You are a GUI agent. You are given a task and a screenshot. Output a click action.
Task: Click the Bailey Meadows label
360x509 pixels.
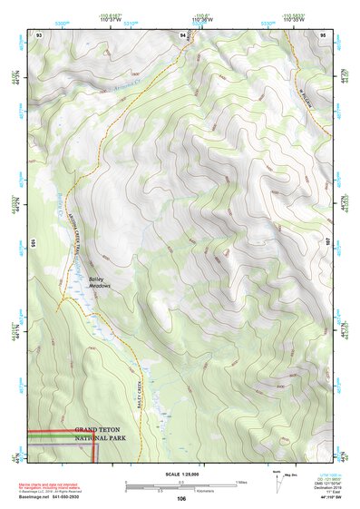coord(99,282)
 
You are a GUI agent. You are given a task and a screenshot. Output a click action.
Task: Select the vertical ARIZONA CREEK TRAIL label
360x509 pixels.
coord(78,238)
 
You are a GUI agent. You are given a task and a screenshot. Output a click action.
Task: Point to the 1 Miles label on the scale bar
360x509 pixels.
coord(240,482)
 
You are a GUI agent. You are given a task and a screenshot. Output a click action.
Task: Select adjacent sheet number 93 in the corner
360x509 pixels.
coord(39,34)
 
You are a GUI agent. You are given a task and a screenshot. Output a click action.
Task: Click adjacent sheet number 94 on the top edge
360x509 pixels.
coord(182,34)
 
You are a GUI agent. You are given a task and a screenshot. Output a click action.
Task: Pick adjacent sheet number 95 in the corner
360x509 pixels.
coord(324,34)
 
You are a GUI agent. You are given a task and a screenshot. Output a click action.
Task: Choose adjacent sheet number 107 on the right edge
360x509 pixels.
coord(331,242)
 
